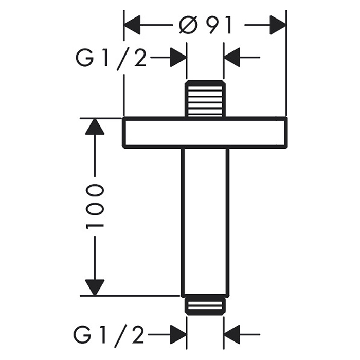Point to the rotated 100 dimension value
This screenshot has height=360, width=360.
(95, 206)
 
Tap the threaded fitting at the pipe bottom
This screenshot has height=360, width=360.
(205, 307)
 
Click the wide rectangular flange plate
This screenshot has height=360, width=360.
(205, 133)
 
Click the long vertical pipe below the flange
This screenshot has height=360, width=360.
(205, 221)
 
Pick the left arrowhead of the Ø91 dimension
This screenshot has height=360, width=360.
(133, 25)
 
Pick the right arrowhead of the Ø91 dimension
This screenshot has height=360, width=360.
(278, 25)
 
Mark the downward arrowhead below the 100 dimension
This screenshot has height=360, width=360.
(95, 287)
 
